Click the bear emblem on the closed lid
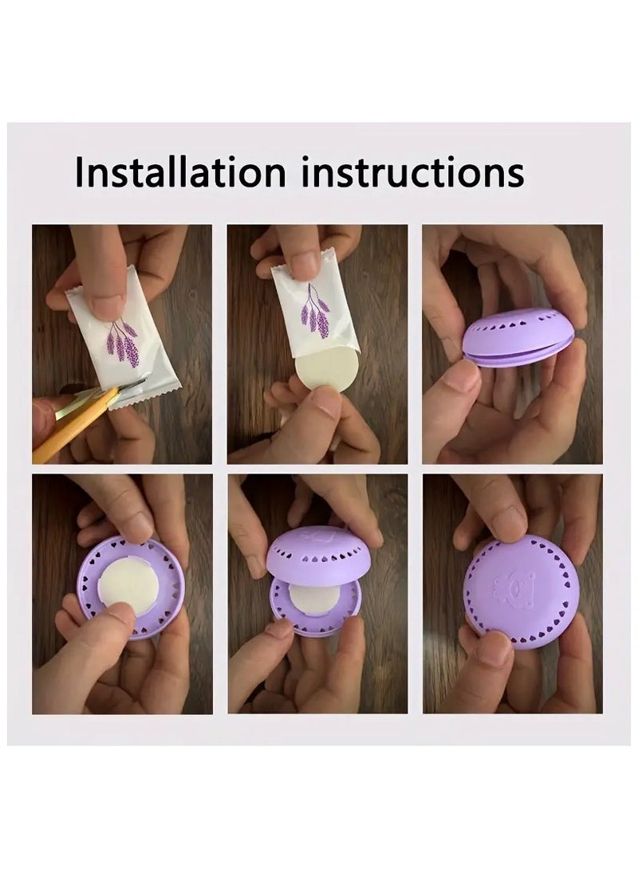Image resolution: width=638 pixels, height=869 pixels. coord(510,590)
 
